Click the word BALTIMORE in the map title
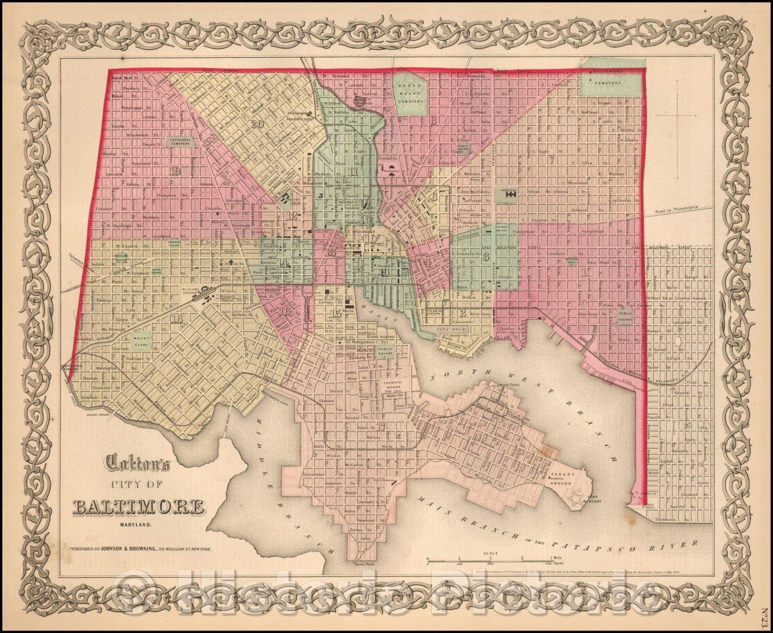(138, 507)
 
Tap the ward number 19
(175, 170)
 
